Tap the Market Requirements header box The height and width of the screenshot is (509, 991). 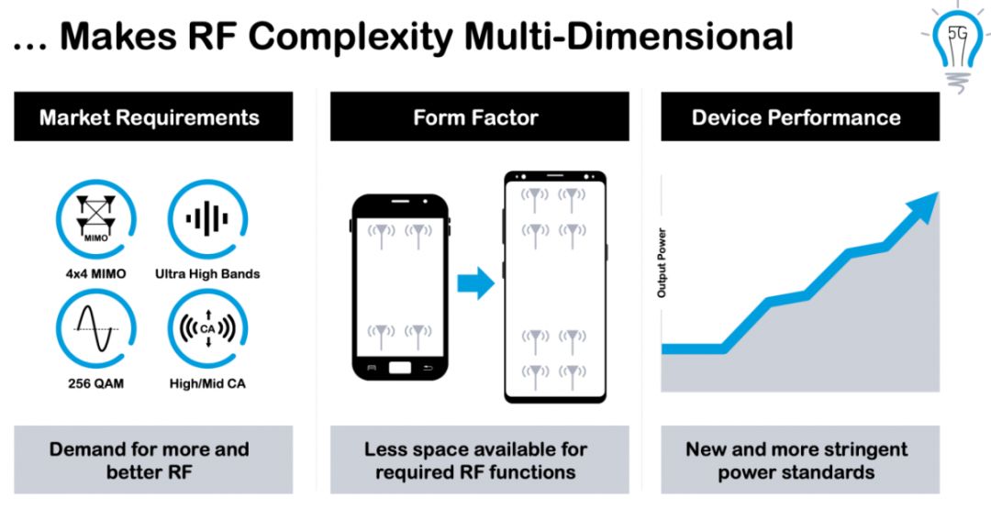(153, 116)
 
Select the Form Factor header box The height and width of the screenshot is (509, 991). (479, 116)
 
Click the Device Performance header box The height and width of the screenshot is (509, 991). (800, 116)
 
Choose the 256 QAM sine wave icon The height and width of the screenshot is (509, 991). (96, 329)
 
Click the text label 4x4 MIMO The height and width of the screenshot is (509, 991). (96, 275)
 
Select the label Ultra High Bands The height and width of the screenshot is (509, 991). (207, 275)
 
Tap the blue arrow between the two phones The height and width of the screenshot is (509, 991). (475, 282)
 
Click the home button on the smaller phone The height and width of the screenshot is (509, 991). (400, 368)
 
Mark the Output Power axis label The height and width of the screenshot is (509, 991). (662, 262)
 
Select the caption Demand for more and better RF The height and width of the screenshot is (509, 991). (150, 460)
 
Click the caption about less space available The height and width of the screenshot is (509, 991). (475, 460)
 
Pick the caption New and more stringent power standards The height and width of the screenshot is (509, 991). (796, 460)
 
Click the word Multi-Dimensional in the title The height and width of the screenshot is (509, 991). (629, 37)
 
